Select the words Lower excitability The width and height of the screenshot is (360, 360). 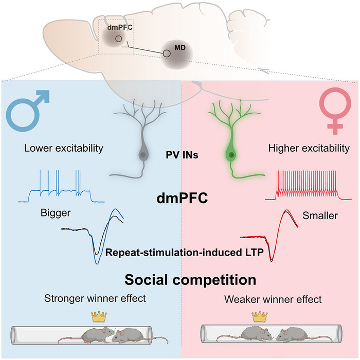click(64, 149)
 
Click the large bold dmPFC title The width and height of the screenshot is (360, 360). click(182, 197)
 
